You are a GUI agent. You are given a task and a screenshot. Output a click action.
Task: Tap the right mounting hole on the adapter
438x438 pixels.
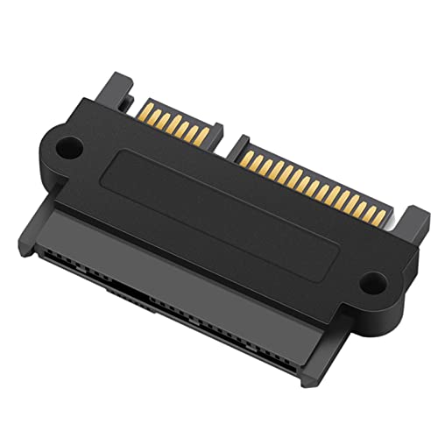(374, 283)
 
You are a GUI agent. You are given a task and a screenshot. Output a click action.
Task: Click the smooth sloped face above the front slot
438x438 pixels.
(175, 263)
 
